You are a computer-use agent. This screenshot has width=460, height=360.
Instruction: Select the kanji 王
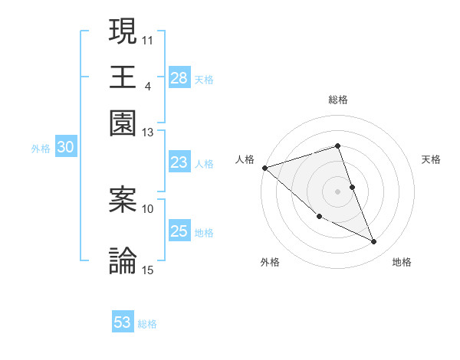(123, 77)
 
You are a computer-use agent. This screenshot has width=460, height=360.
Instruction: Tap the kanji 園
(123, 123)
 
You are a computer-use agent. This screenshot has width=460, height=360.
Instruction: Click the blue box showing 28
(179, 78)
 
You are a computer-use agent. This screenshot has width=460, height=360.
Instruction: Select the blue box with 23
(179, 162)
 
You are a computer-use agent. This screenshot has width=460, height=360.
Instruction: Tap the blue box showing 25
(179, 231)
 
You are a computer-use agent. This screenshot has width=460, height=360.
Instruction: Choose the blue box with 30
(65, 148)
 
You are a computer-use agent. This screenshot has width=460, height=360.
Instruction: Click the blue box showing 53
(123, 322)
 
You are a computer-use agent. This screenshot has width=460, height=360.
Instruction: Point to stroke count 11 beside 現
(148, 39)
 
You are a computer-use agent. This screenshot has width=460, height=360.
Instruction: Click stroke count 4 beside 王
(147, 85)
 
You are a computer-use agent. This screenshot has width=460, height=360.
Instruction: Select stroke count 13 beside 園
(148, 133)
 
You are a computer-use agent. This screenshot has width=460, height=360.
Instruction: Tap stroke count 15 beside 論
(148, 269)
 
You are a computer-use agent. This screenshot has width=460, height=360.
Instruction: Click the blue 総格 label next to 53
(147, 324)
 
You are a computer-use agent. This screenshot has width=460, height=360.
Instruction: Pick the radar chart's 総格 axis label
(337, 100)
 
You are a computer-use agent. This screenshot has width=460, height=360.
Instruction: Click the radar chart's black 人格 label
(245, 159)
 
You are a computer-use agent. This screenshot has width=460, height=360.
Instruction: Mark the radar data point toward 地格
(373, 242)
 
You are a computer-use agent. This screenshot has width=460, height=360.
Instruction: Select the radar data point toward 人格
(264, 167)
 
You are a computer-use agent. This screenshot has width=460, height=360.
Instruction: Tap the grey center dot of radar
(337, 191)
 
